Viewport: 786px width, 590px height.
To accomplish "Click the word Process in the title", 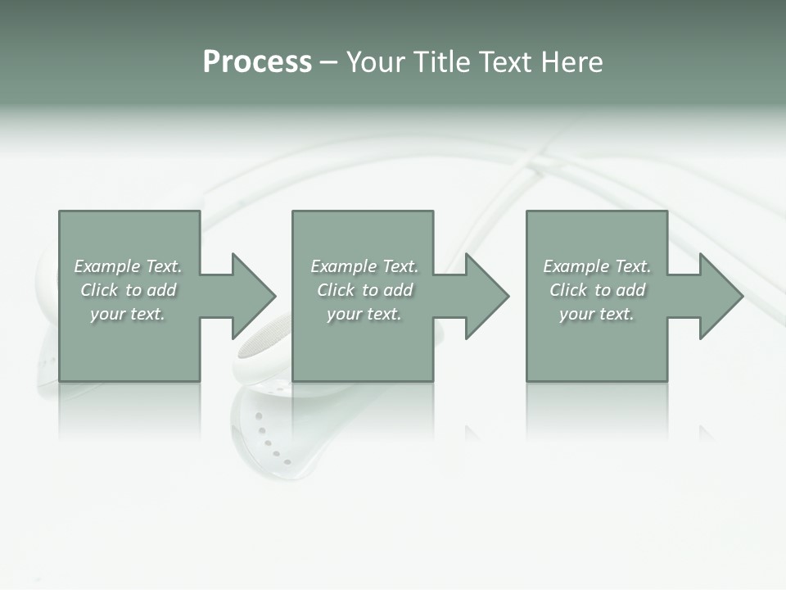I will (257, 62).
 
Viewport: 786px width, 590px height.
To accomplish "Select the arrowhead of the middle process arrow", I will (486, 296).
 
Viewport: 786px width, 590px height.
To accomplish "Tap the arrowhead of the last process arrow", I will (720, 296).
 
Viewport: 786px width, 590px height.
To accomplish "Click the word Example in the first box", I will (107, 266).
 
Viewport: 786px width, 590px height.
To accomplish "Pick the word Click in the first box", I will (99, 290).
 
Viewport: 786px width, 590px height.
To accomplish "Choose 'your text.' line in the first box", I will (128, 314).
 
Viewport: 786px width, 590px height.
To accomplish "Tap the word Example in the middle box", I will (344, 266).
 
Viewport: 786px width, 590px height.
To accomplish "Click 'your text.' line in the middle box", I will (364, 314).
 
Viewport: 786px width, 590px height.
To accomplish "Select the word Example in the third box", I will (576, 266).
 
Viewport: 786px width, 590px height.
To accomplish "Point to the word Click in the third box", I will (568, 290).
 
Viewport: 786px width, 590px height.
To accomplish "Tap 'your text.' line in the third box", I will (597, 314).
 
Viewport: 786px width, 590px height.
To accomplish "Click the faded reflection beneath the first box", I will (129, 410).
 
